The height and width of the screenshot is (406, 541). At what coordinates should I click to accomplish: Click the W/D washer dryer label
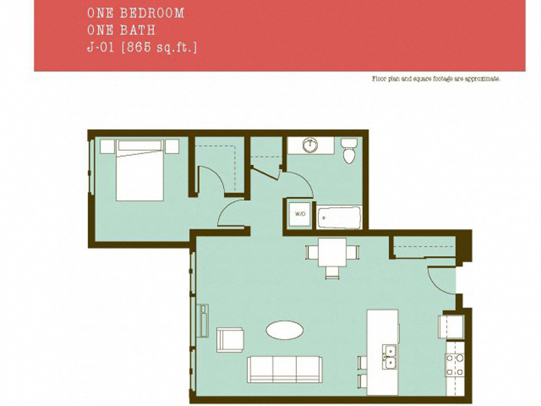point(300,214)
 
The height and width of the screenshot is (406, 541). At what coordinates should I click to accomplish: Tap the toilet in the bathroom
point(349,151)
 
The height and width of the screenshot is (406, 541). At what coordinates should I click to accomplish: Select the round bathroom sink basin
point(311,145)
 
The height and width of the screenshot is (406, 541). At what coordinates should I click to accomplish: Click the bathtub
point(339,218)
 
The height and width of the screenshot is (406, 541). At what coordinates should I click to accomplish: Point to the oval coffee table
point(285,330)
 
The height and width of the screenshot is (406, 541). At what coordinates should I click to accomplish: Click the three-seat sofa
point(285,369)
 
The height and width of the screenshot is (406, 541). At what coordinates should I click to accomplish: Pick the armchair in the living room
point(230,340)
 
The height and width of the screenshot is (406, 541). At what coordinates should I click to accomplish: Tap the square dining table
point(332,252)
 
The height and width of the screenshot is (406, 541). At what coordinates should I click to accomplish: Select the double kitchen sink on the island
point(389,357)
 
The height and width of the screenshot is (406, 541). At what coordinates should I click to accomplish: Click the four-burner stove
point(455,365)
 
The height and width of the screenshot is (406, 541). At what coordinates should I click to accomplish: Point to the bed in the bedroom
point(140,170)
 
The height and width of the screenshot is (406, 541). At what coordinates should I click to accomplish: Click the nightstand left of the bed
point(107,146)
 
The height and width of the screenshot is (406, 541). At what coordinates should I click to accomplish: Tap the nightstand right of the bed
point(172,146)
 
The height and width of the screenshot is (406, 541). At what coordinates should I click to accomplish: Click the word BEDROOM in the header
point(152,13)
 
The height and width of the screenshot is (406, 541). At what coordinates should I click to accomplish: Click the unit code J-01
point(100,47)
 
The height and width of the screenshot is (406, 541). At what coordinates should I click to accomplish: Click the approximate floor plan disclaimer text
point(436,79)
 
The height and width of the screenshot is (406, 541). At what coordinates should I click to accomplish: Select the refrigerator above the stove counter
point(451,326)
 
